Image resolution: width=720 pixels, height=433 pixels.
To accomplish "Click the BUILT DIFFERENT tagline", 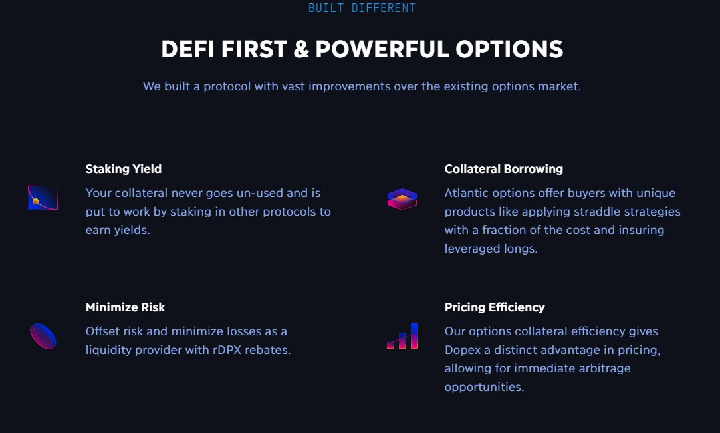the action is coord(362,8).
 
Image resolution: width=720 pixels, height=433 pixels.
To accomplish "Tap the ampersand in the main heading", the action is coord(301,49).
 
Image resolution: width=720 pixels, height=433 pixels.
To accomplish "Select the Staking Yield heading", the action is coord(123,169).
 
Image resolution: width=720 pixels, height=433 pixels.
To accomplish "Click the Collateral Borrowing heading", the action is coord(503,169).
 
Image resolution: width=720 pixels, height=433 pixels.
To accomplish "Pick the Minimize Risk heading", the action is coord(125,307).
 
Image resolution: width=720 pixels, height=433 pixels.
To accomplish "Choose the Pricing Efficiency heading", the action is coord(494,307).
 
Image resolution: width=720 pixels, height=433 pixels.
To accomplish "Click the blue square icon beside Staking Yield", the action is coord(43,198).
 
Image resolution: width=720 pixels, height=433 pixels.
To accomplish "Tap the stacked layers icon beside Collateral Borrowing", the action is coord(402,199).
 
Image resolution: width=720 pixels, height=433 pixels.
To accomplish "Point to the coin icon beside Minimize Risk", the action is coord(43,336).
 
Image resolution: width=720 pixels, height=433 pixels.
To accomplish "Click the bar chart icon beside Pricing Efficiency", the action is coord(402,336).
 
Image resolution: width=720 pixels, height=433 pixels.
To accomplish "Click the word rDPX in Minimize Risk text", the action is coord(230,350).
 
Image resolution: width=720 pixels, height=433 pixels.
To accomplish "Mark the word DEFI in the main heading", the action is coord(188,49).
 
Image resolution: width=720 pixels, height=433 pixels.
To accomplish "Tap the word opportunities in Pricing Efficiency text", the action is coord(484,387).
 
